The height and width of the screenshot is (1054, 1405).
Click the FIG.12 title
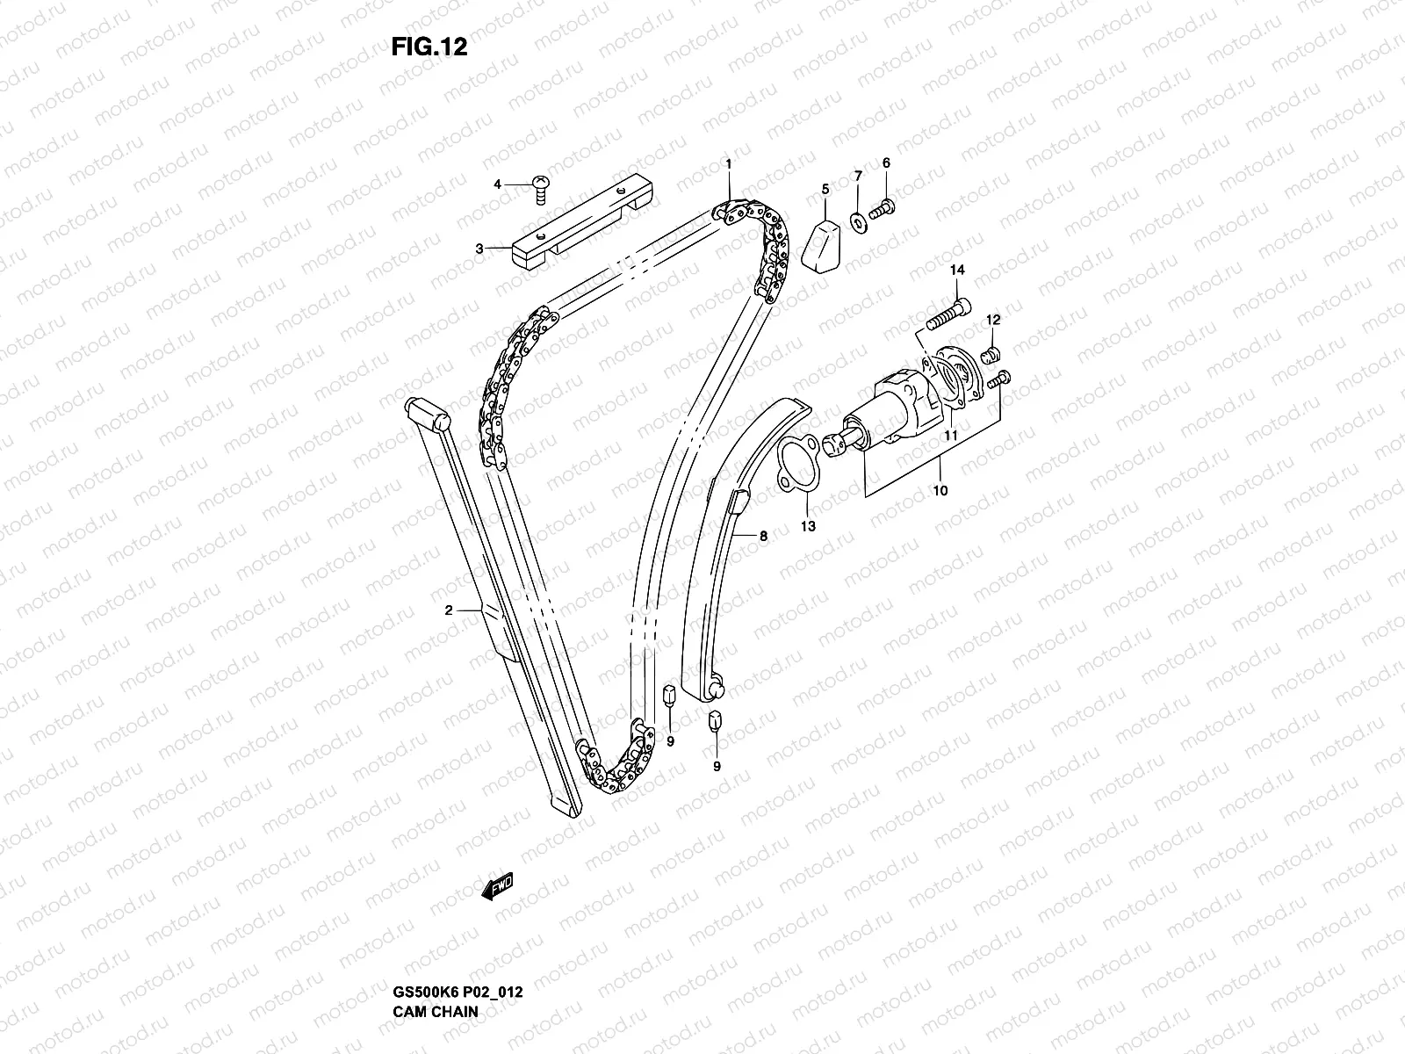pyautogui.click(x=429, y=47)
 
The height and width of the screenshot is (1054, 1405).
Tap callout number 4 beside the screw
pyautogui.click(x=497, y=184)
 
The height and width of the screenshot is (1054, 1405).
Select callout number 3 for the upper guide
pyautogui.click(x=479, y=249)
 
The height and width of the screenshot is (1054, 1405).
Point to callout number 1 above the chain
pyautogui.click(x=728, y=163)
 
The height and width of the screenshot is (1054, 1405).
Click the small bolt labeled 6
pyautogui.click(x=883, y=208)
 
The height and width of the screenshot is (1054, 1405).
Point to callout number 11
pyautogui.click(x=950, y=434)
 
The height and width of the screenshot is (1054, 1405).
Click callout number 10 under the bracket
pyautogui.click(x=940, y=490)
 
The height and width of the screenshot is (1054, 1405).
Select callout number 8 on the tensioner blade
pyautogui.click(x=763, y=535)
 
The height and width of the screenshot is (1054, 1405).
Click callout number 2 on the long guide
pyautogui.click(x=448, y=610)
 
